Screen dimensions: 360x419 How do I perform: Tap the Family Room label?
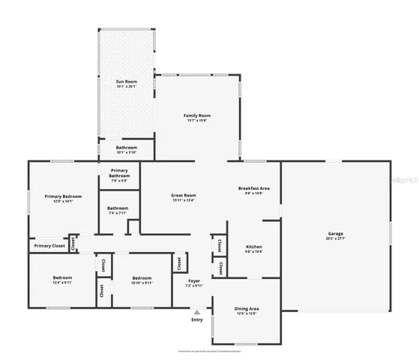coord(197,115)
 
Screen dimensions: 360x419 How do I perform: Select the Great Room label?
coord(183,195)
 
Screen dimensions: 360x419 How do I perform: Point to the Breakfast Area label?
coord(254,187)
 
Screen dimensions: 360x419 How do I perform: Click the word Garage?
coord(335,233)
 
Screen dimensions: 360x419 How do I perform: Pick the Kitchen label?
coord(254,247)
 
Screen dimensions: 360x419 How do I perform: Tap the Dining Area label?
coord(247,308)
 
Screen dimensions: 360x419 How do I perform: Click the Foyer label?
coord(193,280)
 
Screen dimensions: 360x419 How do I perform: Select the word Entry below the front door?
coord(196,320)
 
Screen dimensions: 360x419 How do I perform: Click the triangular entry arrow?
coord(196,312)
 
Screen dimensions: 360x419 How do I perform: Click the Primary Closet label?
coord(48,245)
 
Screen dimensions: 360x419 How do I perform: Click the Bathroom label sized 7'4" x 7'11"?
coord(117,208)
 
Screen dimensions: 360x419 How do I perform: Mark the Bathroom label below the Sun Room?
coord(126,147)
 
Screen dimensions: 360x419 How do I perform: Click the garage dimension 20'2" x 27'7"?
coord(335,238)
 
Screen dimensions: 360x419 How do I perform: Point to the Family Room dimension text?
coord(197,120)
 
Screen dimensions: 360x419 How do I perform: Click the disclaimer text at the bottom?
coord(209,350)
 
